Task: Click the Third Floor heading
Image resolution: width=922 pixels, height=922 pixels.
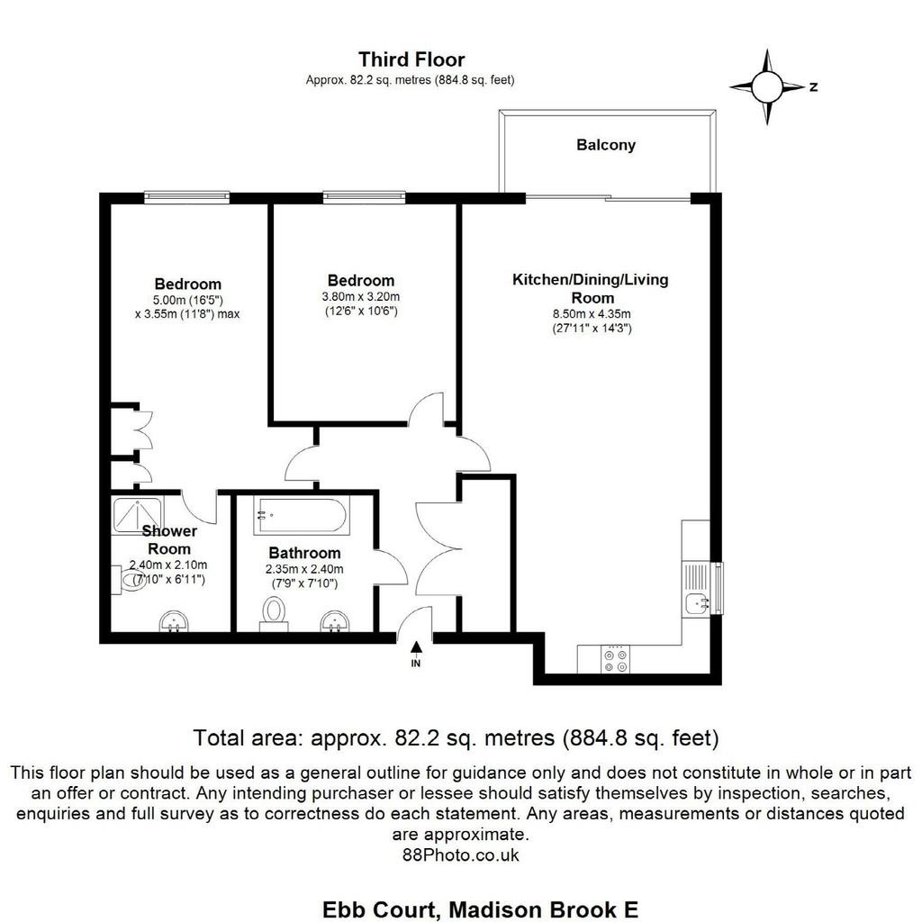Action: pyautogui.click(x=411, y=59)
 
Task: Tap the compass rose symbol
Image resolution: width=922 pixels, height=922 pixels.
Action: pyautogui.click(x=767, y=87)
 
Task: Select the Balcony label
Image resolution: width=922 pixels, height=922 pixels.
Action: pyautogui.click(x=606, y=145)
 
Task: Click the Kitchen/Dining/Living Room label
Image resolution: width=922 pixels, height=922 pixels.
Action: pyautogui.click(x=591, y=288)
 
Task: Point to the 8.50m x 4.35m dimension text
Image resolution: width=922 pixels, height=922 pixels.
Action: pyautogui.click(x=592, y=314)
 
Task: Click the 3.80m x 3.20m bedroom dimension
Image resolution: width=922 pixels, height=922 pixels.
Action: pyautogui.click(x=361, y=297)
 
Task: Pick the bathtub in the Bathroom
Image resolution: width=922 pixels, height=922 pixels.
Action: pyautogui.click(x=301, y=516)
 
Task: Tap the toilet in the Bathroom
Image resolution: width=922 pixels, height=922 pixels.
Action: pyautogui.click(x=274, y=613)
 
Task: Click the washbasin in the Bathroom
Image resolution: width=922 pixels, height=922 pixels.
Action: pyautogui.click(x=335, y=621)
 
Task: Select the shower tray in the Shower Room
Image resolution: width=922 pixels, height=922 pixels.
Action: pyautogui.click(x=138, y=516)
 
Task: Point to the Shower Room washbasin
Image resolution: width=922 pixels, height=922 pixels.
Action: pyautogui.click(x=175, y=621)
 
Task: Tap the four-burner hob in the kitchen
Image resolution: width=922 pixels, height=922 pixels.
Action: pyautogui.click(x=615, y=659)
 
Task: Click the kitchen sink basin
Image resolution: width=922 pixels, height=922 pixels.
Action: pyautogui.click(x=698, y=604)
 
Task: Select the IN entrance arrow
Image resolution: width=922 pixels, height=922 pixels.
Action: pyautogui.click(x=416, y=654)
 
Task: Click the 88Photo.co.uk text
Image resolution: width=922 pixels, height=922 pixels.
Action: pyautogui.click(x=460, y=855)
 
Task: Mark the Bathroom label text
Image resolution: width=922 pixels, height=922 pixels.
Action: pyautogui.click(x=304, y=554)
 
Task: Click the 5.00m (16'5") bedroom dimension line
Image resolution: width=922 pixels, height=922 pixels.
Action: pyautogui.click(x=187, y=301)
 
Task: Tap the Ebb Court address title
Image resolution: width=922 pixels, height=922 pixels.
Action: pyautogui.click(x=480, y=909)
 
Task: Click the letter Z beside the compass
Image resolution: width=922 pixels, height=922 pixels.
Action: pyautogui.click(x=813, y=87)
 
